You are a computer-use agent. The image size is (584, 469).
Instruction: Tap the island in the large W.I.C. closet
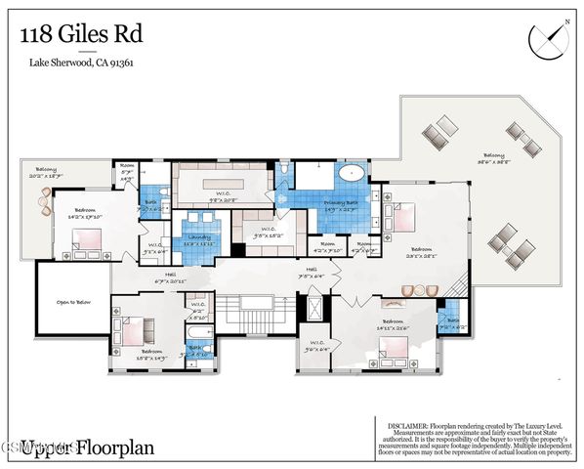coord(221,185)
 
